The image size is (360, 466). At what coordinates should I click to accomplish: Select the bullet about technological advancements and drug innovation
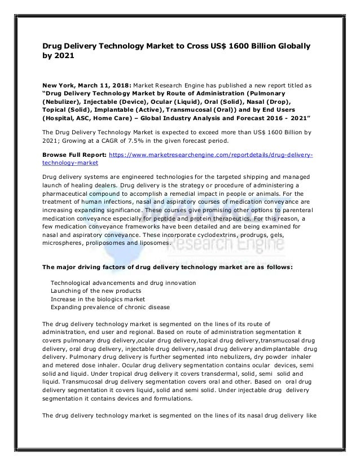coord(124,282)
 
